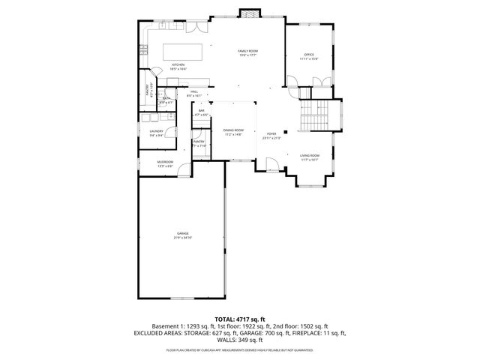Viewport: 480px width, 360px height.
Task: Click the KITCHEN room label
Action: pos(178,65)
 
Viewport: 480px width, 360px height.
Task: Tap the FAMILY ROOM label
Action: pos(247,51)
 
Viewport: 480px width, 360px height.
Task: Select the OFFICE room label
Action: pos(308,55)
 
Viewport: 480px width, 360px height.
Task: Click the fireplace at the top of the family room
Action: pos(247,13)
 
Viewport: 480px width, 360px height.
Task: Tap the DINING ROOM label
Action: pos(232,130)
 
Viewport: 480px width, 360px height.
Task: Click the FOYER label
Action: pos(271,134)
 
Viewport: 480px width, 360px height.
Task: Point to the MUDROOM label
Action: pos(165,162)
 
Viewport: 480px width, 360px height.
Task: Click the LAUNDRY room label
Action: pos(156,131)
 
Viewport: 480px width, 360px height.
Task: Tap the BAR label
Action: pos(201,111)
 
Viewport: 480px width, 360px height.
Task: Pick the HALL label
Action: pos(193,92)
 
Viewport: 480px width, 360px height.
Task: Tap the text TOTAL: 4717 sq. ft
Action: pos(239,319)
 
